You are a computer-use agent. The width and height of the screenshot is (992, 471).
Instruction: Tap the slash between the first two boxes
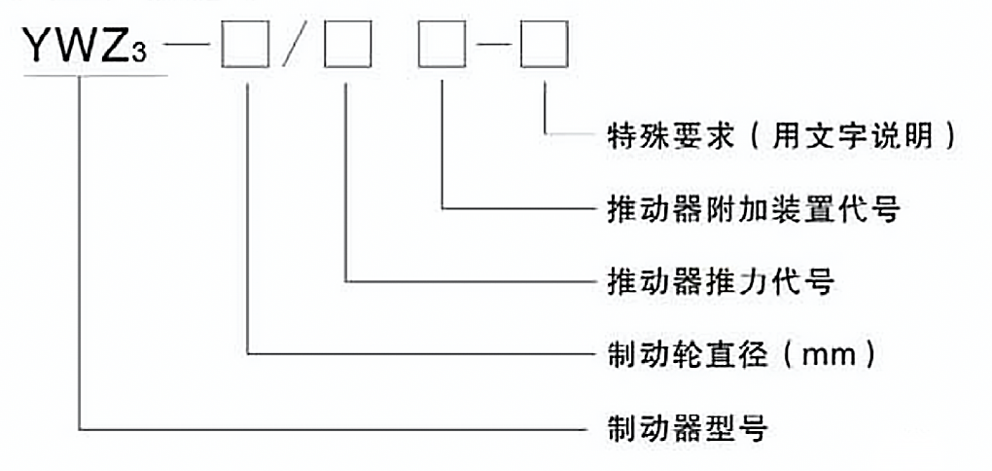point(292,47)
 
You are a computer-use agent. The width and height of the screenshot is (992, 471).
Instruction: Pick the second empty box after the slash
point(344,47)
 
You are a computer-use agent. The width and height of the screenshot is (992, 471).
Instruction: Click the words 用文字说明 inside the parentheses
point(836,134)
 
